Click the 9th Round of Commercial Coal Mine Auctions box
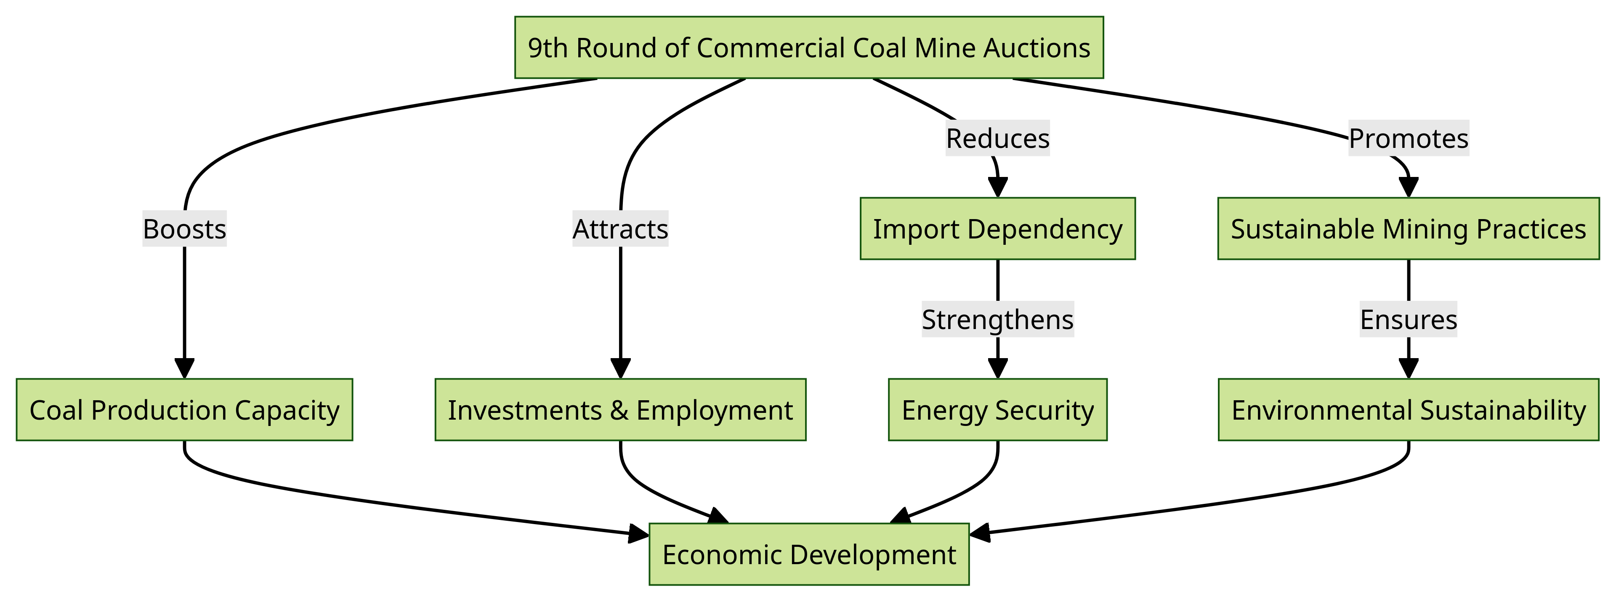point(808,47)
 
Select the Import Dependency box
point(997,228)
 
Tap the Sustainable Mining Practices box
point(1409,228)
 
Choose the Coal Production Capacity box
point(184,410)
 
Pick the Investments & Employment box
point(620,410)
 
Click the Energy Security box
point(997,410)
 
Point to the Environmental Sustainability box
point(1409,410)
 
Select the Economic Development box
point(808,554)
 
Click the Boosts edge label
point(184,228)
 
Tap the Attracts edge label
point(620,228)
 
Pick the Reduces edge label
point(997,138)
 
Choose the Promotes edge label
point(1409,138)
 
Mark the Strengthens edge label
point(997,319)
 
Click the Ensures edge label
point(1409,319)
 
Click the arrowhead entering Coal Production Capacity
point(184,369)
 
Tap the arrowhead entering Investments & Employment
point(620,369)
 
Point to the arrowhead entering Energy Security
point(997,369)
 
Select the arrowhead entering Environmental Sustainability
point(1409,369)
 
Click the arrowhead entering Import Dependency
point(997,188)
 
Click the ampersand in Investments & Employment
point(619,410)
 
